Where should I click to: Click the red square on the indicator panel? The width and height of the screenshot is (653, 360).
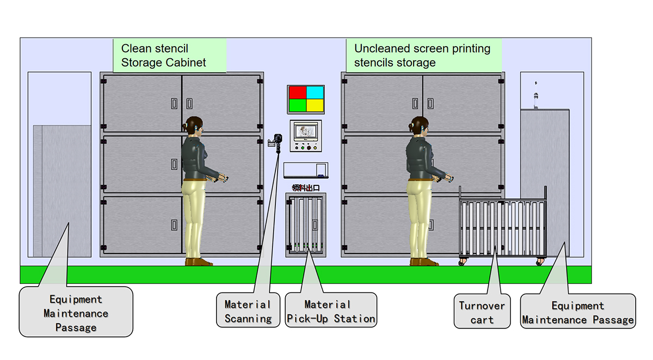pos(298,92)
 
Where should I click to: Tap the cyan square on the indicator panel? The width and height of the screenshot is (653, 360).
pos(314,92)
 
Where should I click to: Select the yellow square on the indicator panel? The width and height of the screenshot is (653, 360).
pos(314,104)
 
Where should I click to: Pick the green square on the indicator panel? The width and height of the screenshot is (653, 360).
pos(298,104)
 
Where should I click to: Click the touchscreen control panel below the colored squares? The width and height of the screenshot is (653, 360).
pos(305,135)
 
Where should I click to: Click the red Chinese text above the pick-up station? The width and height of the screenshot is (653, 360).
pos(305,188)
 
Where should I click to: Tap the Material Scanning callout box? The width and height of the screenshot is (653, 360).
pos(248,311)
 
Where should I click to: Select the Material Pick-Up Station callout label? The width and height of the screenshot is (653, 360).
pos(331,311)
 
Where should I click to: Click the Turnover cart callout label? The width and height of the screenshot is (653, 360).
pos(482,312)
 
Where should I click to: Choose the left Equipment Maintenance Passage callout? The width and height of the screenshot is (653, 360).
pos(76,313)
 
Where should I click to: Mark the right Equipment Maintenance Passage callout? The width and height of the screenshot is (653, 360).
pos(577,313)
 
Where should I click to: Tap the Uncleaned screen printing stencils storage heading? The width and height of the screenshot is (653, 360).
pos(423,55)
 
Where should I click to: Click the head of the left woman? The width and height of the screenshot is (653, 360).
pos(194,126)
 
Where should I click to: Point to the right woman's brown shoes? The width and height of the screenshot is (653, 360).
pos(424,262)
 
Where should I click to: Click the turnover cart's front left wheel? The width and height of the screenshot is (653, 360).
pos(462,262)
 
